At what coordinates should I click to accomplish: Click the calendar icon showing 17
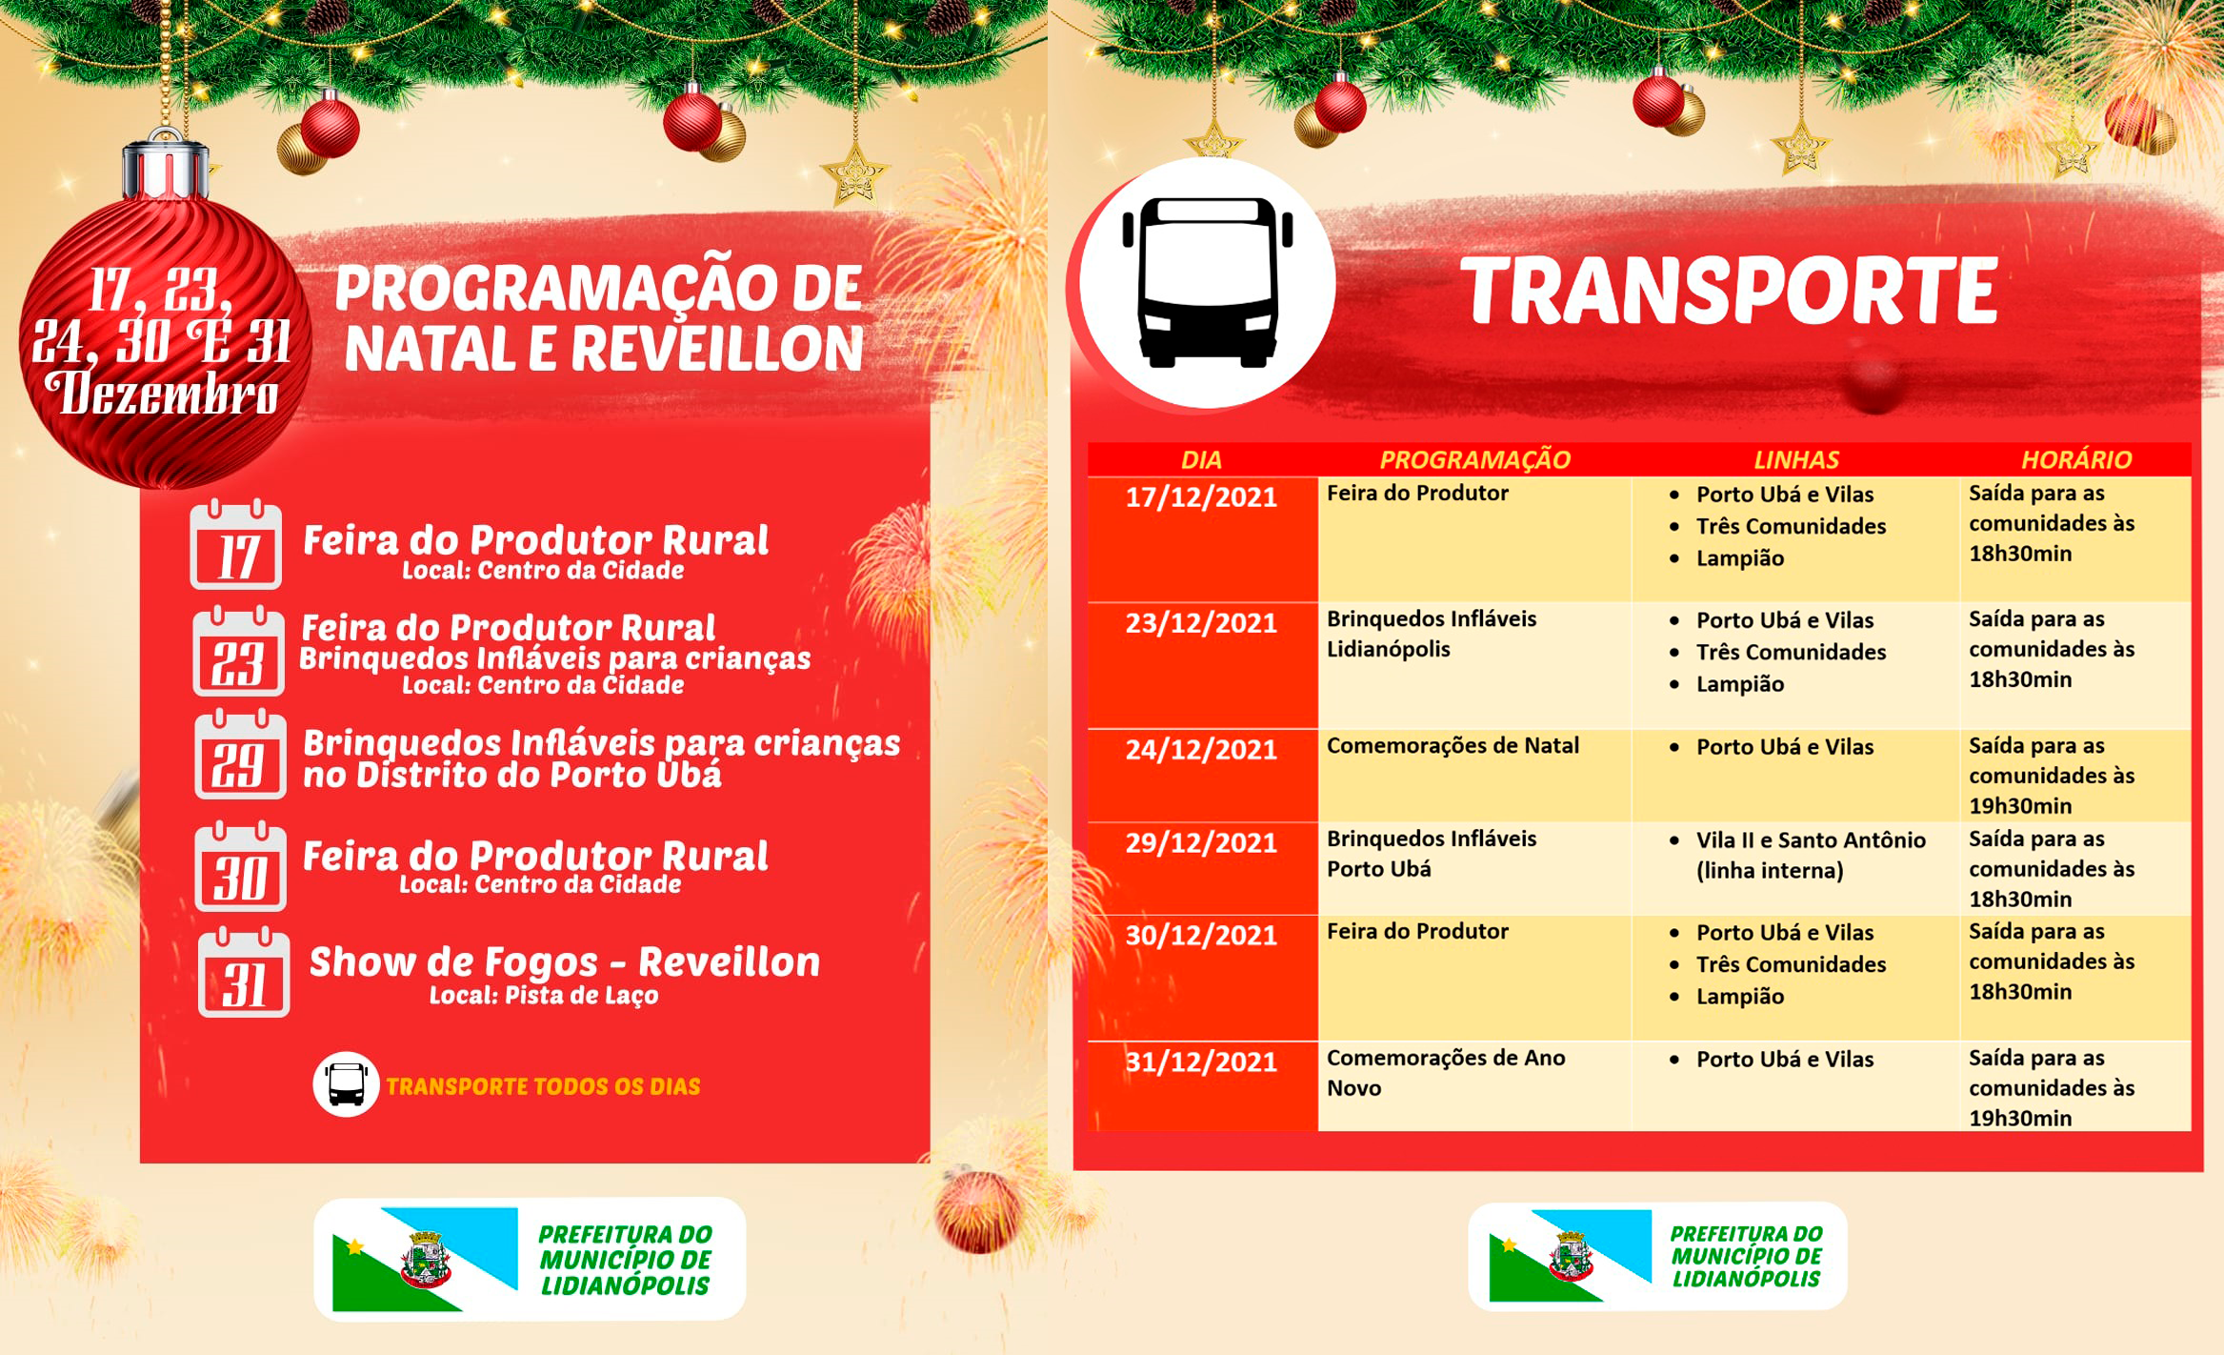235,545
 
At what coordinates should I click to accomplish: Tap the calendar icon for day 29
240,755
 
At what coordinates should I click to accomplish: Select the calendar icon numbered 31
244,973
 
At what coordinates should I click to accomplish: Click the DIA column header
1201,460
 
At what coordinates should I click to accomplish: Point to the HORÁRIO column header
2076,460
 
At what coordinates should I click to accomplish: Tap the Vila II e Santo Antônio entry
1810,840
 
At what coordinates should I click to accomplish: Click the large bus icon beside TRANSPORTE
1207,282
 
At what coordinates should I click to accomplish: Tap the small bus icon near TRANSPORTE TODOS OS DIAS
346,1084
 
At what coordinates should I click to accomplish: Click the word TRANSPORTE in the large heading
1729,291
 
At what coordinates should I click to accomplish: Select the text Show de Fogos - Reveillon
565,962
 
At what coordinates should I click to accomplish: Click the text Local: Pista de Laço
544,996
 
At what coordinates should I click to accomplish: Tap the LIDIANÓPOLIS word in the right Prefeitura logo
1746,1279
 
